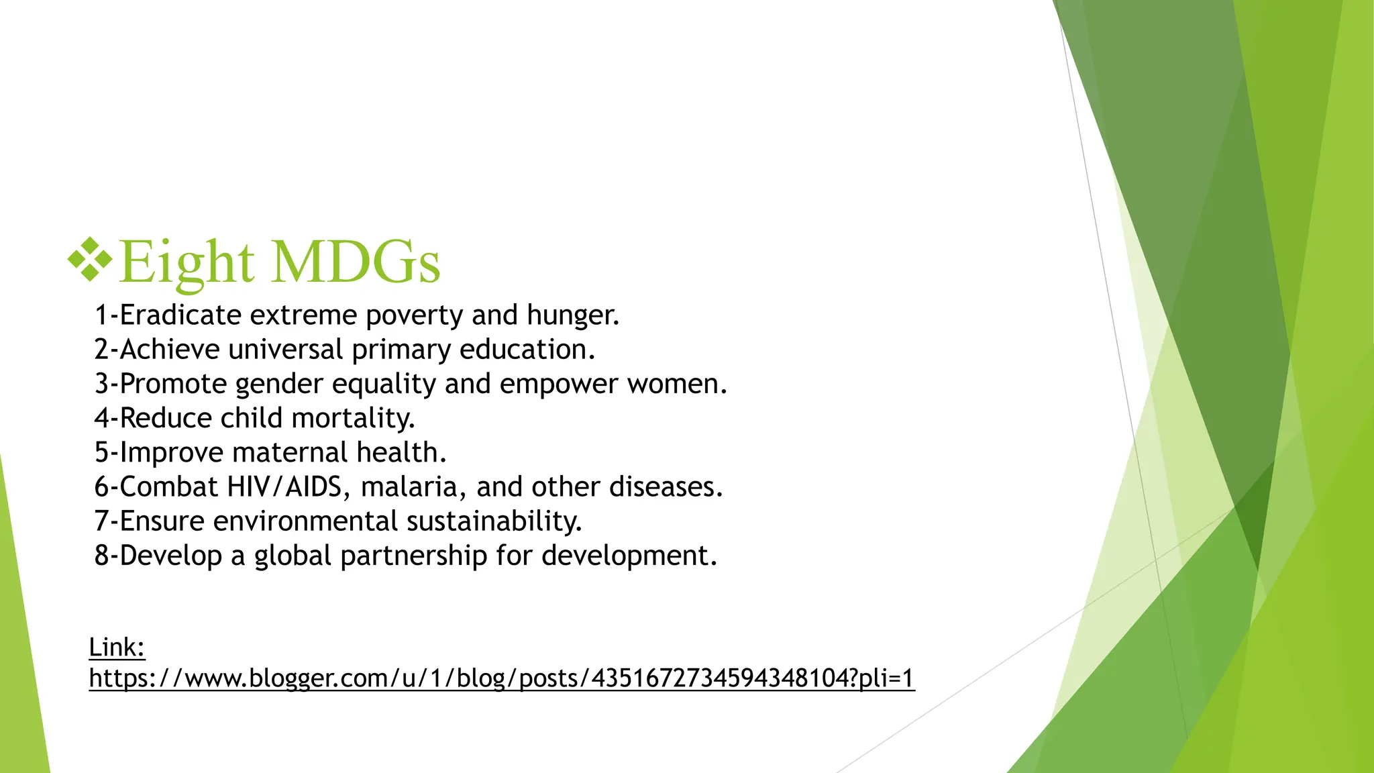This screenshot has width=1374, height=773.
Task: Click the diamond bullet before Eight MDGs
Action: pos(90,259)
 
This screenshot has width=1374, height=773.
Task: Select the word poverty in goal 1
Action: pos(414,315)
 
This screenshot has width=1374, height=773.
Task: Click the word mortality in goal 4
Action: pos(353,419)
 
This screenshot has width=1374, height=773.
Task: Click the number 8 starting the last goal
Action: pos(101,556)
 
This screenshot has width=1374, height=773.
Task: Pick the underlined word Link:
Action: pos(117,648)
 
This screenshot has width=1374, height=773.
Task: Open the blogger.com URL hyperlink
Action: pos(501,678)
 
